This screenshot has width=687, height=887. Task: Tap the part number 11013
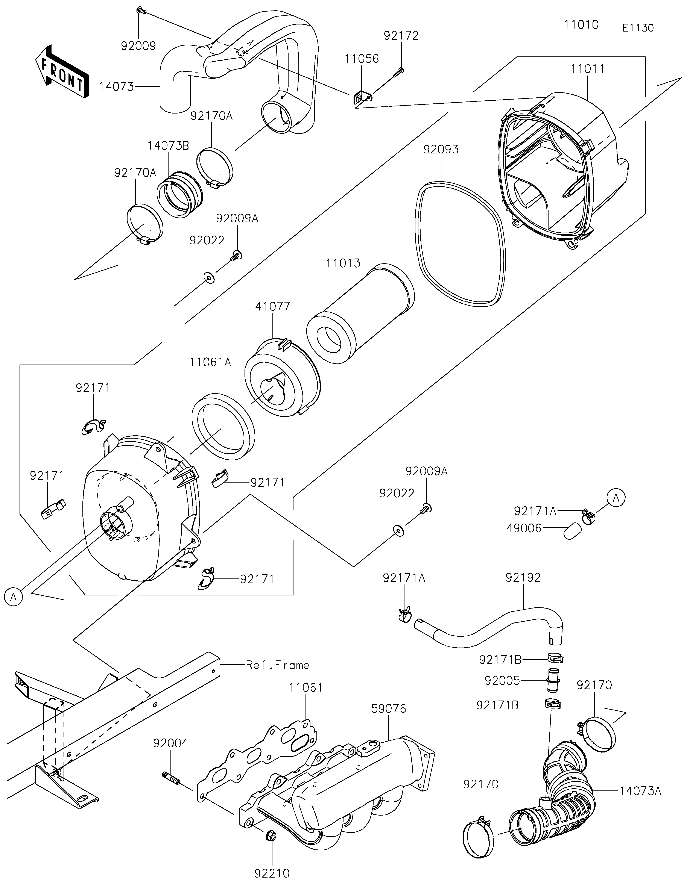pyautogui.click(x=343, y=263)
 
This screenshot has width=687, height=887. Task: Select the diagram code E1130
pyautogui.click(x=638, y=28)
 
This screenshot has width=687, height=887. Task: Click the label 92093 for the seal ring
pyautogui.click(x=441, y=150)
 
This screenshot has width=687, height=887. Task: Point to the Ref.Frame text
pyautogui.click(x=277, y=665)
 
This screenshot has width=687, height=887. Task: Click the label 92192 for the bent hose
pyautogui.click(x=523, y=578)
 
